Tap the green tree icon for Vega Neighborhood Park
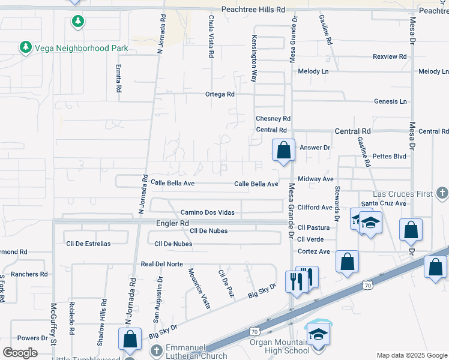[x=25, y=47]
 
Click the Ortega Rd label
[x=219, y=94]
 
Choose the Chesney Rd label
[x=273, y=119]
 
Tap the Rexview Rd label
[x=390, y=56]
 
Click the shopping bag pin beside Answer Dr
[x=283, y=149]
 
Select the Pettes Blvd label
[x=390, y=156]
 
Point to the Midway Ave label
[x=315, y=179]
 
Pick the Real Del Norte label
[x=161, y=264]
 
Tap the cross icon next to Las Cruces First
[x=442, y=193]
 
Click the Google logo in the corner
[x=20, y=353]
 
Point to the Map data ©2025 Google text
[x=411, y=355]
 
